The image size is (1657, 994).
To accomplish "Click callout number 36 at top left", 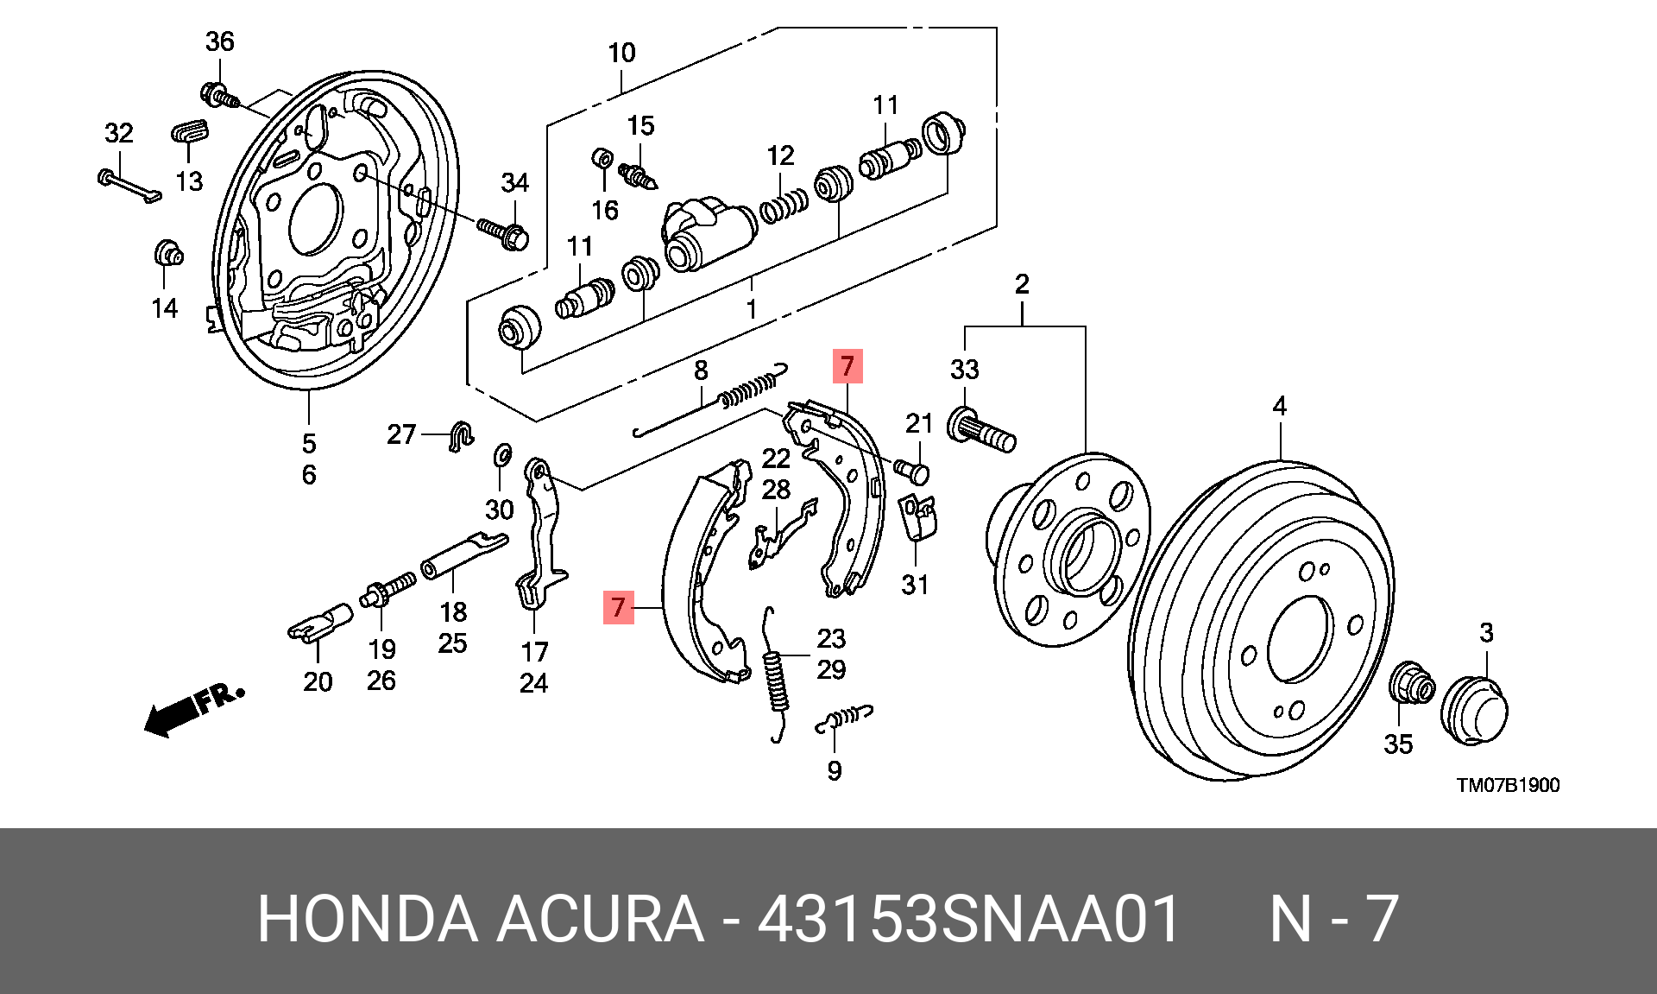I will pyautogui.click(x=219, y=41).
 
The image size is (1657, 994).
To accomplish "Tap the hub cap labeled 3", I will pyautogui.click(x=1474, y=712).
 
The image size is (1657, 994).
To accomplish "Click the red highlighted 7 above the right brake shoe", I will pyautogui.click(x=847, y=366).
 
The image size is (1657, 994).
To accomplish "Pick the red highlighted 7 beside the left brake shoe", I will pyautogui.click(x=618, y=607).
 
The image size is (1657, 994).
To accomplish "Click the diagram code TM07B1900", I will pyautogui.click(x=1508, y=785).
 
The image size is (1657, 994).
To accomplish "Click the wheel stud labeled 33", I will pyautogui.click(x=982, y=433).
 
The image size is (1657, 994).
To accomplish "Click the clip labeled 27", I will pyautogui.click(x=462, y=436).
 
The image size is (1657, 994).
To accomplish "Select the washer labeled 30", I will pyautogui.click(x=501, y=454).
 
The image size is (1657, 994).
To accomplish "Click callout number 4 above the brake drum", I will pyautogui.click(x=1279, y=406).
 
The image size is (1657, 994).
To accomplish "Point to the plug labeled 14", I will pyautogui.click(x=168, y=254).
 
